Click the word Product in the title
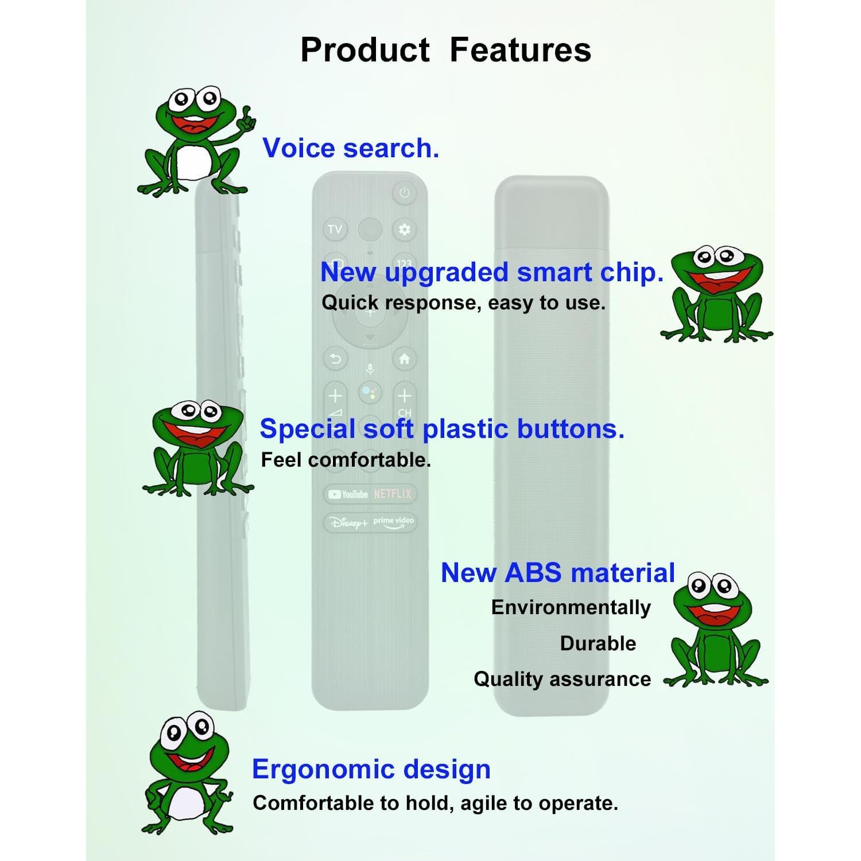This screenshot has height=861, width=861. tap(365, 49)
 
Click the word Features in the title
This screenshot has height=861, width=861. tap(520, 49)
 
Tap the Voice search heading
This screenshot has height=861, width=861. tap(351, 148)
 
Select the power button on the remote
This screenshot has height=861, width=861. tap(405, 193)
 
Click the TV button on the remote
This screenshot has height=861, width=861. tap(335, 230)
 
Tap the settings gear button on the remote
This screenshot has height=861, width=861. tap(405, 230)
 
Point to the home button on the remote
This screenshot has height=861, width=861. tap(405, 359)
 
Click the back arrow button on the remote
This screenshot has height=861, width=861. tap(335, 359)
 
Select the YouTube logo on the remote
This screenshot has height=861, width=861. tap(348, 494)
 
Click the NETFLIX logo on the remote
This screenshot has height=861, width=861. tap(393, 494)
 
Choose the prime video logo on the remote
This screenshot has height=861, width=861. tap(394, 522)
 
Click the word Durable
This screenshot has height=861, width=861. tap(598, 643)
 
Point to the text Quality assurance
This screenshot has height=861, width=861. tap(563, 680)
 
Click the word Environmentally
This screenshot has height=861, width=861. tap(571, 608)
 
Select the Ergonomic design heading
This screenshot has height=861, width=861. tap(371, 770)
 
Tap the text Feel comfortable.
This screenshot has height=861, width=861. tap(346, 460)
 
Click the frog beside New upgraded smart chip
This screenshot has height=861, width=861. tap(716, 294)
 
